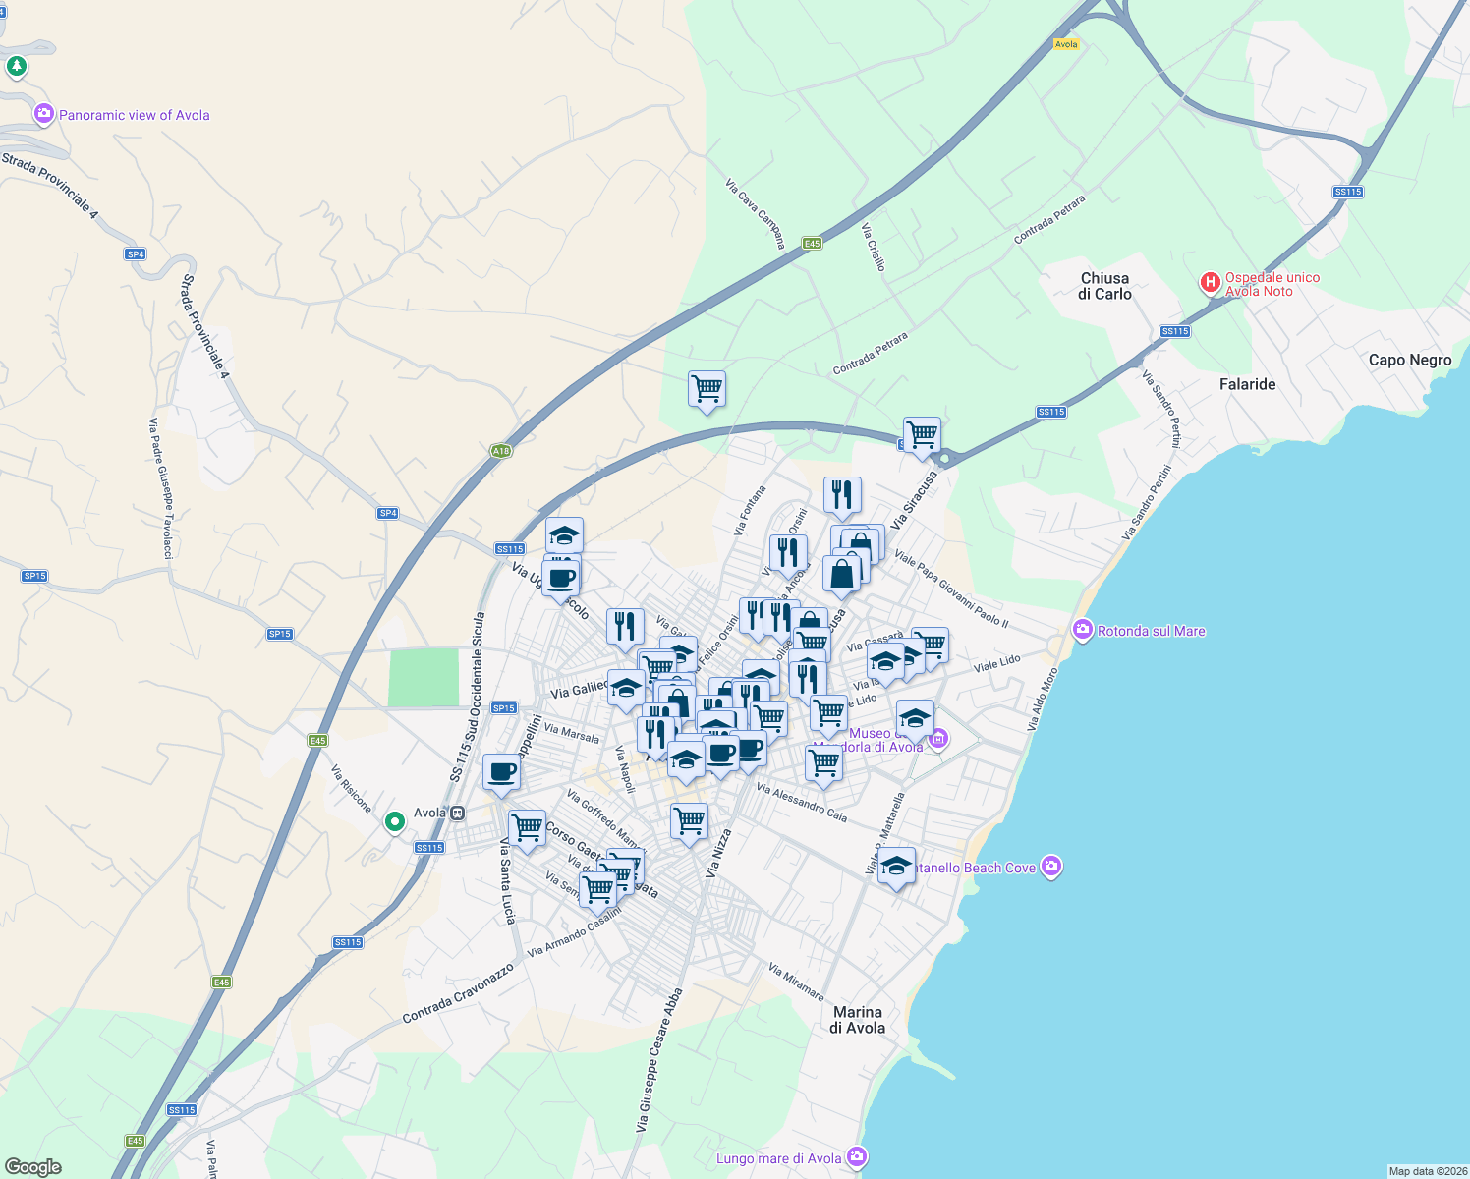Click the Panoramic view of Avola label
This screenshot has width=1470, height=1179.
pyautogui.click(x=134, y=115)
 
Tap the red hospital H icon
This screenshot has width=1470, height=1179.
pyautogui.click(x=1211, y=284)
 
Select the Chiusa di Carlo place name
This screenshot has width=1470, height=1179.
pyautogui.click(x=1104, y=286)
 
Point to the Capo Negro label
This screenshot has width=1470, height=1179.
pyautogui.click(x=1409, y=360)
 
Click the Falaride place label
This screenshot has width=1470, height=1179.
pyautogui.click(x=1247, y=384)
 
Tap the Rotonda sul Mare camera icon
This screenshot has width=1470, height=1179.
pyautogui.click(x=1083, y=630)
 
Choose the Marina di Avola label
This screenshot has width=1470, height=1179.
pyautogui.click(x=858, y=1020)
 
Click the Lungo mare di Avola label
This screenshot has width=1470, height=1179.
pyautogui.click(x=778, y=1158)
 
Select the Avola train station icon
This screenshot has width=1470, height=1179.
pyautogui.click(x=458, y=813)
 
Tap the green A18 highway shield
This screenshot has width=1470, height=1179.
pyautogui.click(x=501, y=451)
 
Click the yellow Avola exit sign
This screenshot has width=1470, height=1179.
pyautogui.click(x=1066, y=44)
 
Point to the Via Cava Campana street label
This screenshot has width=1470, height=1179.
pyautogui.click(x=756, y=214)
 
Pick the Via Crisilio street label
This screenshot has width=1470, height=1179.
pyautogui.click(x=874, y=248)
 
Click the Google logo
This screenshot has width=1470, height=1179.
pyautogui.click(x=32, y=1167)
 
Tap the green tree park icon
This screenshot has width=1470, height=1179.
pyautogui.click(x=16, y=67)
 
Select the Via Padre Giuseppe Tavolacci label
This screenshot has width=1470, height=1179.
pyautogui.click(x=160, y=488)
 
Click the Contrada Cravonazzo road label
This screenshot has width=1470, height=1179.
pyautogui.click(x=458, y=993)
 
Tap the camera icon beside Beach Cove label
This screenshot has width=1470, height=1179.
pyautogui.click(x=1051, y=867)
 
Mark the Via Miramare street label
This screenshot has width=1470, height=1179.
pyautogui.click(x=796, y=982)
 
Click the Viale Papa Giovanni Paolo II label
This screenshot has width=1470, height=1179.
pyautogui.click(x=950, y=589)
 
